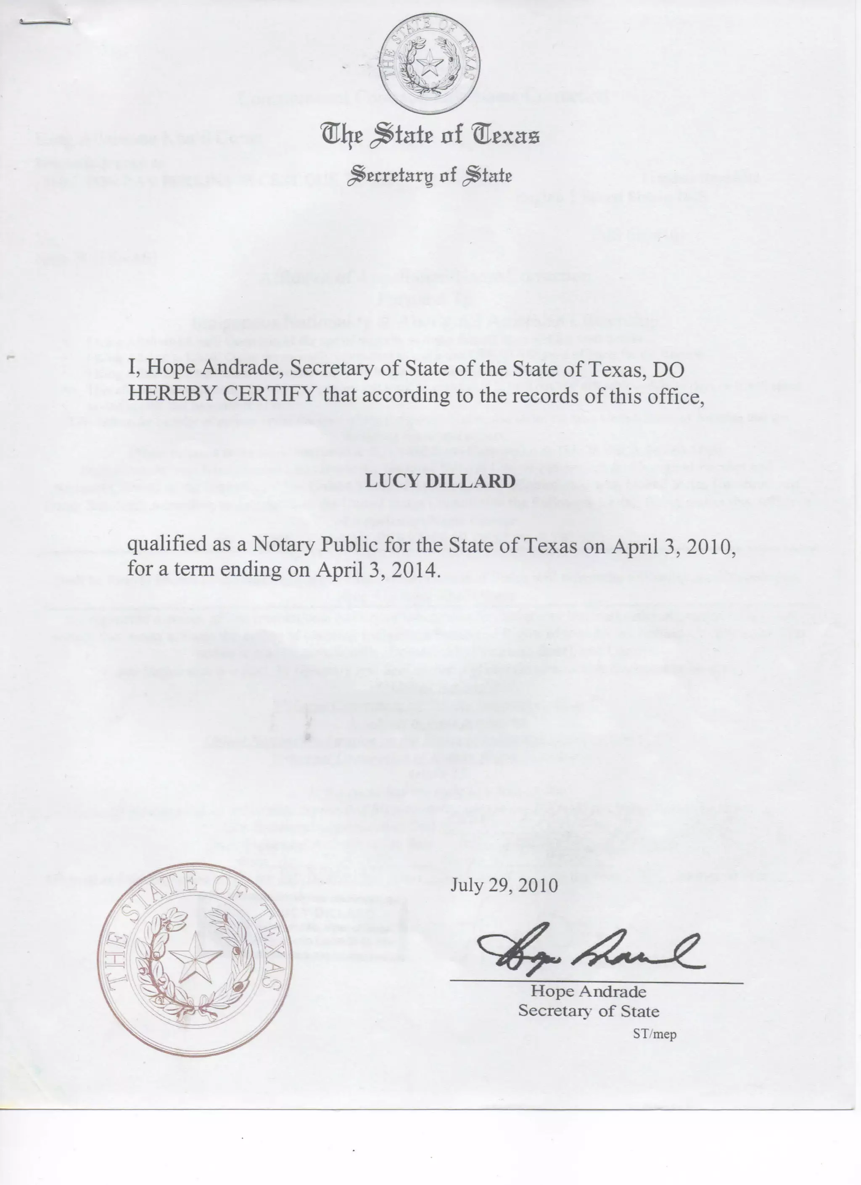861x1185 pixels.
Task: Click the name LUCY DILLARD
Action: pyautogui.click(x=440, y=481)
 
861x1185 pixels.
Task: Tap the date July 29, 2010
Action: pyautogui.click(x=504, y=885)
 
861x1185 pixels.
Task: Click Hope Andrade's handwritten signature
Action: pyautogui.click(x=590, y=954)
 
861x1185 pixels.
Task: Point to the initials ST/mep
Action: pyautogui.click(x=654, y=1034)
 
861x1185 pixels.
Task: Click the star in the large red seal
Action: pyautogui.click(x=196, y=958)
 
